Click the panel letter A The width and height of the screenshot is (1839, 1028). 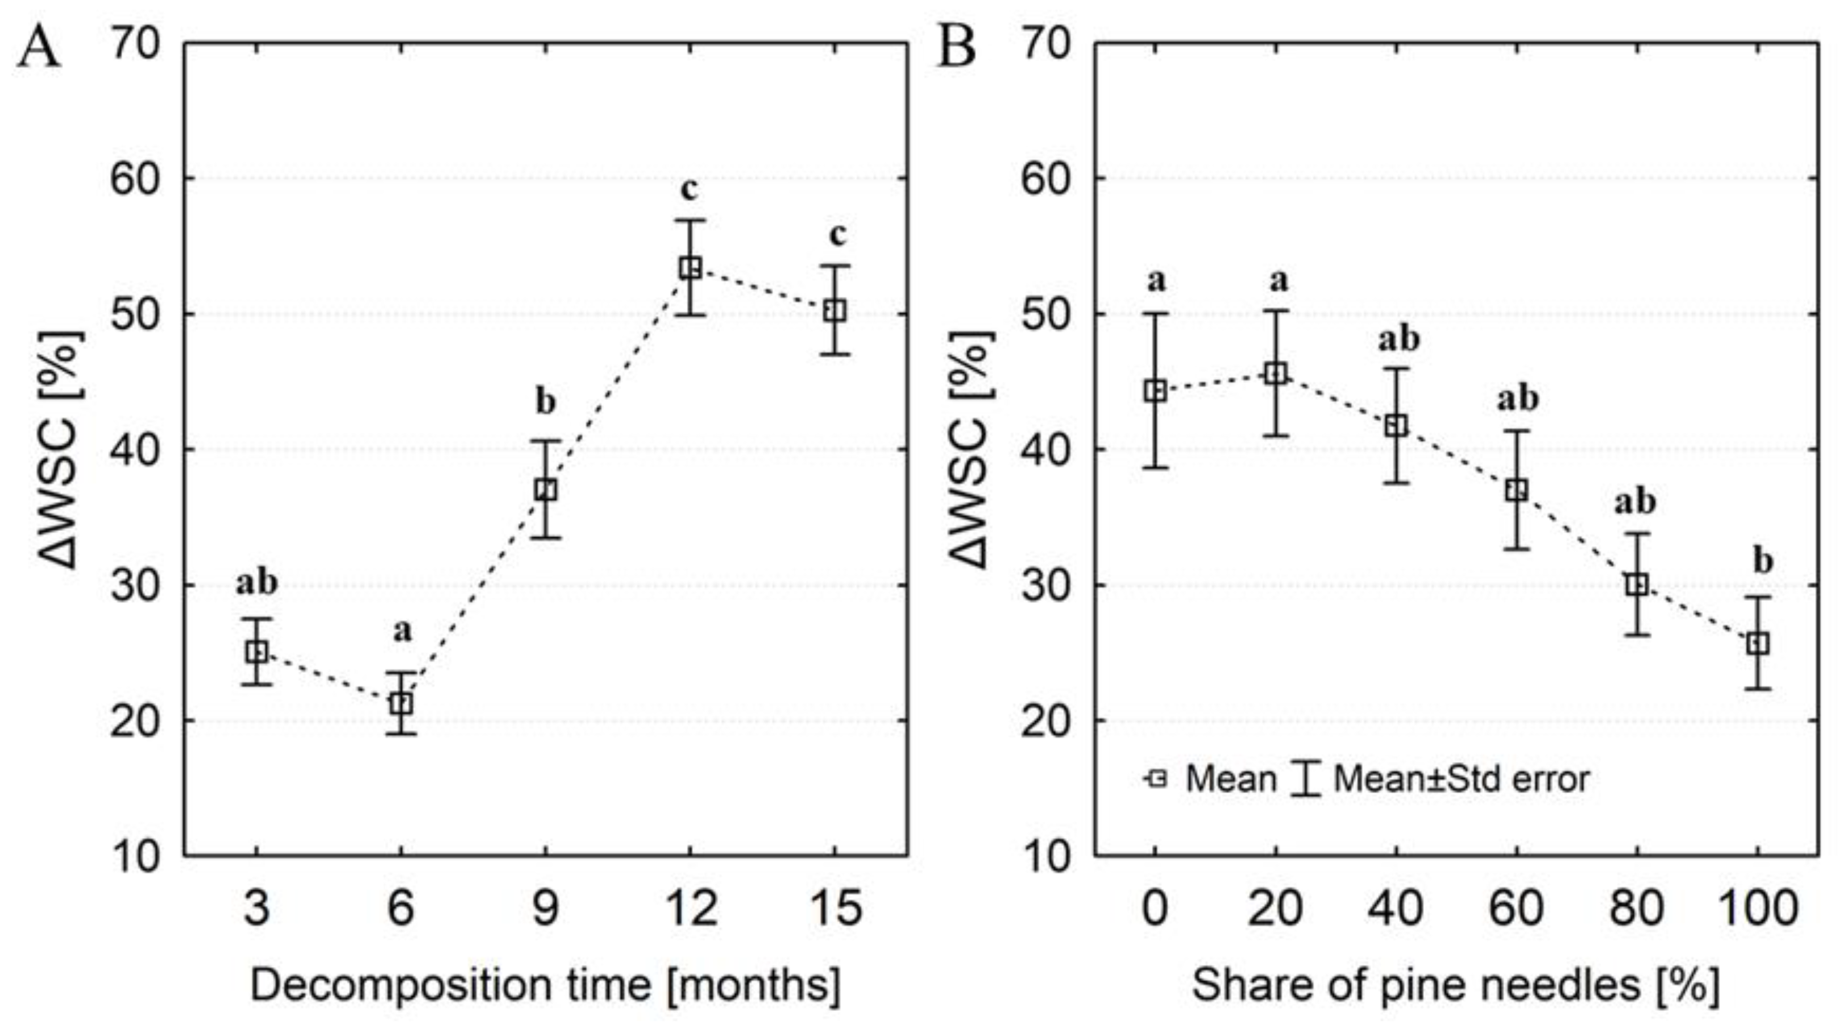point(39,48)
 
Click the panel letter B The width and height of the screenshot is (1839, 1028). point(956,48)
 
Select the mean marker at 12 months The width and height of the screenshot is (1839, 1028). point(690,268)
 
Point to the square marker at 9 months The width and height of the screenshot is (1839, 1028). point(545,490)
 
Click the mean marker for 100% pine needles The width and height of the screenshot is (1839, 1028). point(1758,644)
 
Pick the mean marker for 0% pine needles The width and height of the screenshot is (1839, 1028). point(1155,391)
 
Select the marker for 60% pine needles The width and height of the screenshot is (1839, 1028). point(1516,490)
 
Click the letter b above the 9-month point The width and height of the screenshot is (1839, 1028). point(545,402)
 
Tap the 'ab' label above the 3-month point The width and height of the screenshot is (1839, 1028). point(257,583)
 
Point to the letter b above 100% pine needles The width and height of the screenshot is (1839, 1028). point(1763,561)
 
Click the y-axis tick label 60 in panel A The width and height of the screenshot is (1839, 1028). point(134,179)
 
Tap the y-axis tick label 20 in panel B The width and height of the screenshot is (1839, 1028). point(1046,721)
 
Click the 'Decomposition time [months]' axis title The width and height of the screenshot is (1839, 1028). point(545,986)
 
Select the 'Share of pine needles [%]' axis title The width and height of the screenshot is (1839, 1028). point(1455,986)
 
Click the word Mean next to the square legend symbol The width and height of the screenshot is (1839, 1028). point(1231,779)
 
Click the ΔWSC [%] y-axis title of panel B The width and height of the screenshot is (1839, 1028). point(972,450)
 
